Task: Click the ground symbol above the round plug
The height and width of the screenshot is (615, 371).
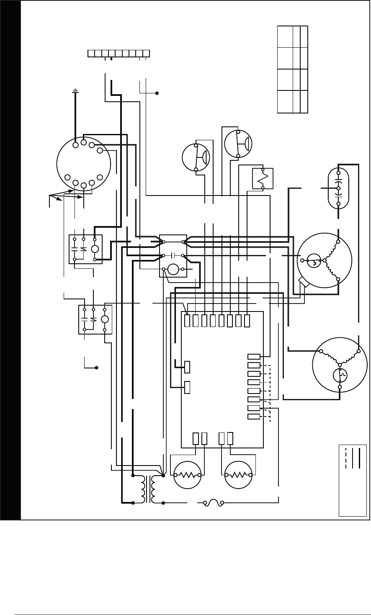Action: click(x=75, y=90)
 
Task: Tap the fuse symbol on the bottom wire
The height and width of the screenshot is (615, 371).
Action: click(x=213, y=502)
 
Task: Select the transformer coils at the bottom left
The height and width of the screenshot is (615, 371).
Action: click(x=148, y=489)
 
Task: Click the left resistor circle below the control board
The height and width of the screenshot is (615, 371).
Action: click(x=188, y=475)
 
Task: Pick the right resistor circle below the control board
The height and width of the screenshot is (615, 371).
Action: click(x=239, y=475)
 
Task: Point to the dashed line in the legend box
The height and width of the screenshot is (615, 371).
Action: click(x=346, y=458)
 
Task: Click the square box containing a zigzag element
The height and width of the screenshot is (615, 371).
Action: click(x=263, y=178)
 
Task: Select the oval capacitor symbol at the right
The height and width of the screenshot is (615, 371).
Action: click(x=338, y=188)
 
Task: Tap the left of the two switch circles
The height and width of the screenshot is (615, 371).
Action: click(x=196, y=157)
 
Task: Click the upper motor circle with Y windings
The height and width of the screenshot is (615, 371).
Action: click(x=325, y=260)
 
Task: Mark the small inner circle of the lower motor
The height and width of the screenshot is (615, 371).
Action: click(x=340, y=375)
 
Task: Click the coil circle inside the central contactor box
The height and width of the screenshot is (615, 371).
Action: click(x=173, y=269)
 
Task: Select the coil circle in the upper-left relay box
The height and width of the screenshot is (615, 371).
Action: click(x=95, y=249)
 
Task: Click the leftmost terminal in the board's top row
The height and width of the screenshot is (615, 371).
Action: click(x=187, y=321)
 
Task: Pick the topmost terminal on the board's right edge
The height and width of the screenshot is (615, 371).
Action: click(x=254, y=357)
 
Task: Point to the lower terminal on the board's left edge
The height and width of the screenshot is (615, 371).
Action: click(x=187, y=387)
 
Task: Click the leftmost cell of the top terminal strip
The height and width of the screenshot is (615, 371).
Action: click(x=91, y=53)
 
